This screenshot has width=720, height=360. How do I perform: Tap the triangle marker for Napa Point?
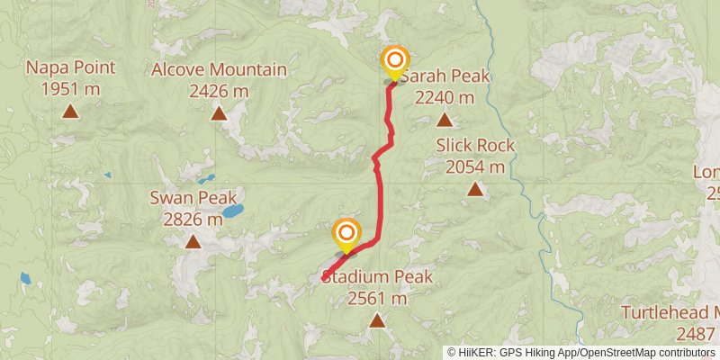coord(70,112)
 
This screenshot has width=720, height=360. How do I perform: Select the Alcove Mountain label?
coord(219,70)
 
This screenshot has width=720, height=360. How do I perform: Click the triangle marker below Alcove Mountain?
coord(219,113)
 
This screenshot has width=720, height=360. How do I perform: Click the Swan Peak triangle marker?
coord(193,241)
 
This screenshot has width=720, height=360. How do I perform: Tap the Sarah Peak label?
coord(445,76)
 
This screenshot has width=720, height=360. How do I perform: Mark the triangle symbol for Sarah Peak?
coord(444,119)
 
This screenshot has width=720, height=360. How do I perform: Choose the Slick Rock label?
coord(475,146)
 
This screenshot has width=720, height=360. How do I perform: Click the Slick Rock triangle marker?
coord(474,189)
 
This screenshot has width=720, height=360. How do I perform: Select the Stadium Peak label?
coord(378,277)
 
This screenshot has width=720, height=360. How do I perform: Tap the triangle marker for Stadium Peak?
coord(377,320)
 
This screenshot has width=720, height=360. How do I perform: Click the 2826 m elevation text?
coord(193,219)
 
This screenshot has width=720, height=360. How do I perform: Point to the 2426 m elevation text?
coord(219,91)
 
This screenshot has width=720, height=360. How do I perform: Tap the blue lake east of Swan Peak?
coord(233,211)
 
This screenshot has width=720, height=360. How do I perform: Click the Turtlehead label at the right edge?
coord(670,312)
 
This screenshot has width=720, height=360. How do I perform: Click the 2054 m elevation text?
coord(475,166)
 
